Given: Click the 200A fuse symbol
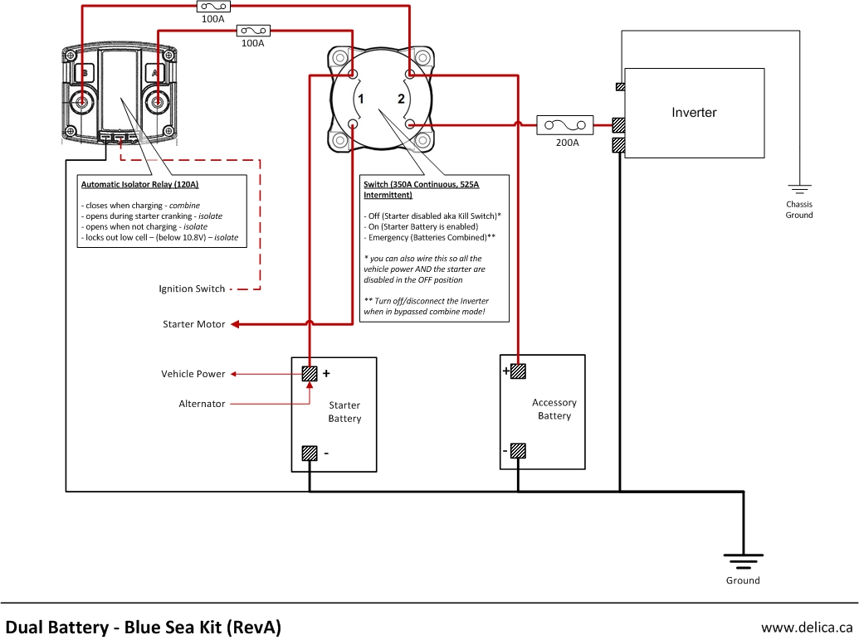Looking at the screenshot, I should pos(565,125).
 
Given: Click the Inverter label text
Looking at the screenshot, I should pos(694,113).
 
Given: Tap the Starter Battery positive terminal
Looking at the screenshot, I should pos(310,374).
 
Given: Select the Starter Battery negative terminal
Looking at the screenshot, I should pos(310,453).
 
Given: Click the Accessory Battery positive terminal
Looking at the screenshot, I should pos(518,371).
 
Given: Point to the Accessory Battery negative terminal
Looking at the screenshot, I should pos(518,451).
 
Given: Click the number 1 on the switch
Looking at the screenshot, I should pos(360,99).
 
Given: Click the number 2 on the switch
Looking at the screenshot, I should pos(401,99).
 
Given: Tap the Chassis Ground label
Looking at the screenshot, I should pos(799,210).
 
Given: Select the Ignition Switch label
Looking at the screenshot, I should pos(192,288).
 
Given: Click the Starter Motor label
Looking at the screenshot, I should pos(193,324).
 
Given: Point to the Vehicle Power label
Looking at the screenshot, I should pos(193,374).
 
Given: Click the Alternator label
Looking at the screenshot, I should pos(202,404).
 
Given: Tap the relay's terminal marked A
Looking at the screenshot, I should pos(156,103).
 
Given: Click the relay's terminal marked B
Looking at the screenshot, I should pos(82,103).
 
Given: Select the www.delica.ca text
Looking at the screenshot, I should pos(807,627).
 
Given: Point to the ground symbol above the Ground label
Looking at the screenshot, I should pos(743,560).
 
